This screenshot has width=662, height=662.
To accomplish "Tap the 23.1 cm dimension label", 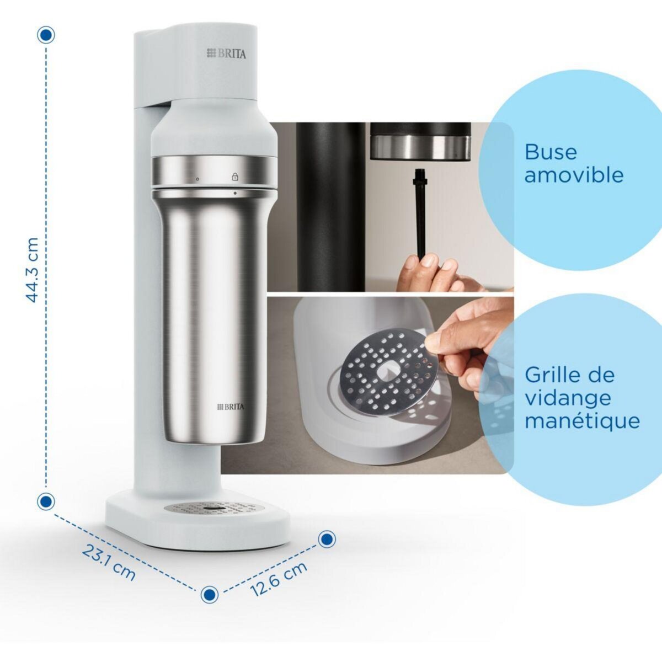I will pyautogui.click(x=109, y=562).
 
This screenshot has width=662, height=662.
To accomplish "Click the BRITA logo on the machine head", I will pyautogui.click(x=227, y=54).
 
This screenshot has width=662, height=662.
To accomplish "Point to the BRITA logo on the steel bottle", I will pyautogui.click(x=230, y=407).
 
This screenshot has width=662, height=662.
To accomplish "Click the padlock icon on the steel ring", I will pyautogui.click(x=235, y=177).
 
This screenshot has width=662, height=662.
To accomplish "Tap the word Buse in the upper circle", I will pyautogui.click(x=551, y=152).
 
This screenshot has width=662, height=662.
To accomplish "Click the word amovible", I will pyautogui.click(x=574, y=175).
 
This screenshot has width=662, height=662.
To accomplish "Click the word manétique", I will pyautogui.click(x=582, y=421).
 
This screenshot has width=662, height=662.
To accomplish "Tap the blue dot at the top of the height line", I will pyautogui.click(x=46, y=35).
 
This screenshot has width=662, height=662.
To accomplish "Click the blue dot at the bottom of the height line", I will pyautogui.click(x=46, y=501).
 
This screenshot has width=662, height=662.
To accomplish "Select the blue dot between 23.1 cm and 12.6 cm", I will pyautogui.click(x=209, y=594).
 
